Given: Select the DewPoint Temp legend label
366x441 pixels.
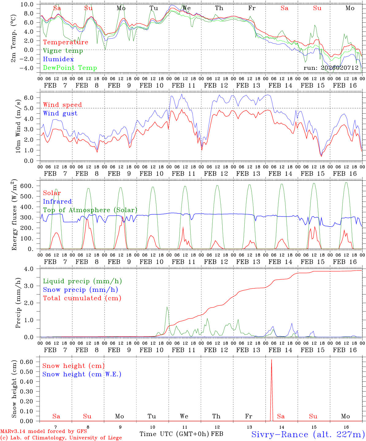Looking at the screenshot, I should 70,68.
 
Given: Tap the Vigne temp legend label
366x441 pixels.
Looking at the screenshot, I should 63,51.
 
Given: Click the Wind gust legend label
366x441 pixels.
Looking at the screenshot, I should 60,113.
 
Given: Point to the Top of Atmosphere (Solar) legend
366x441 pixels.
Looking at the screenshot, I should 90,210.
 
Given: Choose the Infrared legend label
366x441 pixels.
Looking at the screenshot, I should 57,202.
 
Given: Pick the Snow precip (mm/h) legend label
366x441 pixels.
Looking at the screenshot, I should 80,290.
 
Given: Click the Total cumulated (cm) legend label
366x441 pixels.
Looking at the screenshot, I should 82,298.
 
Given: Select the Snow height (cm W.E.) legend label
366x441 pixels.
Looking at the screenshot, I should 82,374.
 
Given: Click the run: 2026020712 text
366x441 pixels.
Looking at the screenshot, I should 331,68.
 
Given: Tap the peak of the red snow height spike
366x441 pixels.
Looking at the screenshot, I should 272,360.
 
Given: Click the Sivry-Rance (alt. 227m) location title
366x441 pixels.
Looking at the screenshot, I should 308,434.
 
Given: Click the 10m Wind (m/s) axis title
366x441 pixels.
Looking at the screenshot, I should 18,126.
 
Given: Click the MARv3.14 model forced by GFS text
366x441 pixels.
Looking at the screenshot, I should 44,431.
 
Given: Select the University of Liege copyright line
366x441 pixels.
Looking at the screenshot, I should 61,438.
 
